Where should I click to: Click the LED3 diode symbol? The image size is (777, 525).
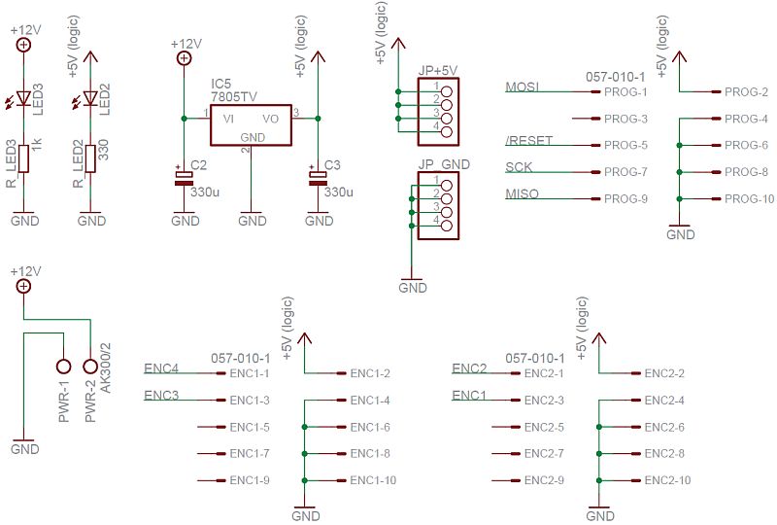[x=23, y=98]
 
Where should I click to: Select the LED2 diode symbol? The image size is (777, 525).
[x=90, y=98]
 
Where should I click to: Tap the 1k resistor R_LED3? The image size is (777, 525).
[x=23, y=157]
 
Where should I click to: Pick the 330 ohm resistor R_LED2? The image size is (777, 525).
[x=90, y=157]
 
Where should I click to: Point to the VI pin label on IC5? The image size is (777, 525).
[x=228, y=119]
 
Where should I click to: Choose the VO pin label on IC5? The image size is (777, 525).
[x=271, y=119]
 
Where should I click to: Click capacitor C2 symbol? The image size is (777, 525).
[x=185, y=177]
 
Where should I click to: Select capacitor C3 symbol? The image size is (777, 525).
[x=318, y=177]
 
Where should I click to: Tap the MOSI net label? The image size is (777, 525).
[x=522, y=87]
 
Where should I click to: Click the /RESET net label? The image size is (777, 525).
[x=528, y=141]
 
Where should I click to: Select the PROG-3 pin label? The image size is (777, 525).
[x=625, y=120]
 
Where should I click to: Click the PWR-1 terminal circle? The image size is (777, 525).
[x=64, y=367]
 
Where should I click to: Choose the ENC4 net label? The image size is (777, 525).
[x=160, y=368]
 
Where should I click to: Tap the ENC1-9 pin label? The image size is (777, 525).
[x=250, y=480]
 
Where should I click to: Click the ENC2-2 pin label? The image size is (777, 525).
[x=664, y=373]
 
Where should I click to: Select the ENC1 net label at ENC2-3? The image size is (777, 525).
[x=469, y=395]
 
